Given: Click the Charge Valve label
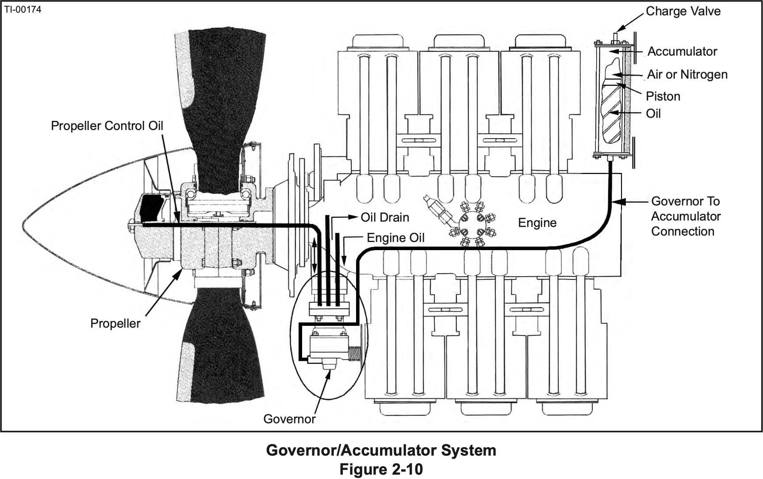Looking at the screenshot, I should point(683,11).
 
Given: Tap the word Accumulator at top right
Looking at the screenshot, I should point(682,51).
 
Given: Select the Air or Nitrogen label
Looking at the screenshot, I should point(687,74).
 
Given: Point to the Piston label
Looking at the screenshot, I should point(663,96).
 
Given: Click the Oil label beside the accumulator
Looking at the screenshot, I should point(653,113).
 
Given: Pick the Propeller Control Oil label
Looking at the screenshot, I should point(107,126).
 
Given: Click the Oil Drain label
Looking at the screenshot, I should point(385,217).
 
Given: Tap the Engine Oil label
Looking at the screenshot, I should point(395,238).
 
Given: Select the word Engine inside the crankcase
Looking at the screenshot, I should point(537,223).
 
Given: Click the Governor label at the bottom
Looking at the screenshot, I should point(289,419).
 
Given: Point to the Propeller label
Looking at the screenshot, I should point(115,323).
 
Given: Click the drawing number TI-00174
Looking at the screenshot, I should point(23,9).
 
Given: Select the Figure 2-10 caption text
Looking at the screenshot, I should point(381,469).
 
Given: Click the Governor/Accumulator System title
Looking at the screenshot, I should point(381,450).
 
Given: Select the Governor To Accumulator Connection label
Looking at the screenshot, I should point(685,216).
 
